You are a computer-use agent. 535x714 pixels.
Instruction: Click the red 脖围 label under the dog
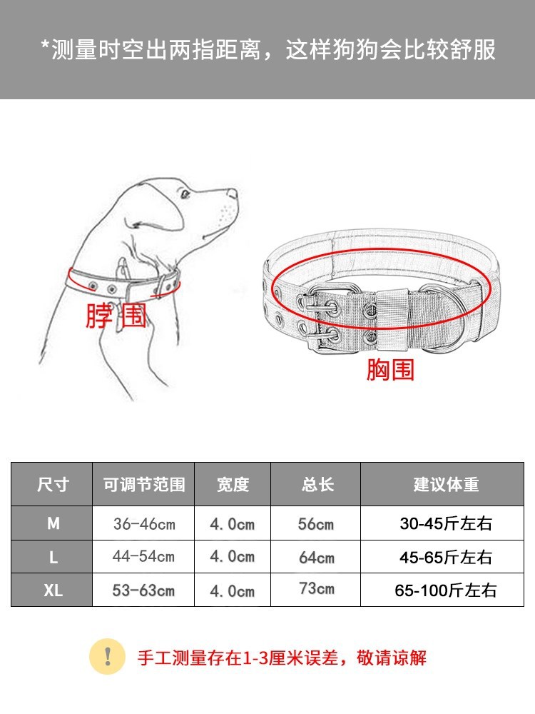pyautogui.click(x=116, y=315)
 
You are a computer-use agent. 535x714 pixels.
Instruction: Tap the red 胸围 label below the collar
pyautogui.click(x=390, y=369)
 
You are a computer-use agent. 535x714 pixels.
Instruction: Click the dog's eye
pyautogui.click(x=185, y=194)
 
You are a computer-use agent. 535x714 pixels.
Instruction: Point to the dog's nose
pyautogui.click(x=233, y=193)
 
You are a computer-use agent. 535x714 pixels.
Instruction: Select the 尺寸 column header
pyautogui.click(x=53, y=484)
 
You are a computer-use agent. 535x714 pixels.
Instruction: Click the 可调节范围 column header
pyautogui.click(x=144, y=484)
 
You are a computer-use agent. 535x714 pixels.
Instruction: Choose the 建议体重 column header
pyautogui.click(x=446, y=484)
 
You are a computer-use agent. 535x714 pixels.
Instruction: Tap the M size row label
pyautogui.click(x=53, y=523)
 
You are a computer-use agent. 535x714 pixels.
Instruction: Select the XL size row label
pyautogui.click(x=53, y=590)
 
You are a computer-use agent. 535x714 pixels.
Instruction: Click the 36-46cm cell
pyautogui.click(x=144, y=524)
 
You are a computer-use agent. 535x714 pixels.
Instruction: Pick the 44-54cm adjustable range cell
pyautogui.click(x=144, y=556)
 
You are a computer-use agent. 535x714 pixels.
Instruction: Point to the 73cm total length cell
pyautogui.click(x=317, y=588)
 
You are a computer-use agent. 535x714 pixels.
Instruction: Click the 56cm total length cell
pyautogui.click(x=316, y=524)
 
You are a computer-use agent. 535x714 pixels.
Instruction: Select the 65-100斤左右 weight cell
pyautogui.click(x=445, y=590)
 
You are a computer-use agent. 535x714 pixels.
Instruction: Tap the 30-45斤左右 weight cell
pyautogui.click(x=446, y=523)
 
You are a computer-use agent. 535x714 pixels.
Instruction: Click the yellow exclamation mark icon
pyautogui.click(x=108, y=657)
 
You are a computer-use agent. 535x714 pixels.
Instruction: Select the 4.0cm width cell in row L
pyautogui.click(x=232, y=557)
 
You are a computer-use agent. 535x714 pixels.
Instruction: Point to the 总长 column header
pyautogui.click(x=317, y=484)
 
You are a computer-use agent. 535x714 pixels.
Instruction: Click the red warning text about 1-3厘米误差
pyautogui.click(x=282, y=658)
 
